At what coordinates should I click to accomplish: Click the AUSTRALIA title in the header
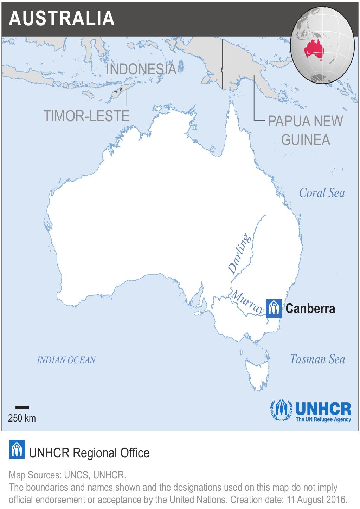[x=62, y=18]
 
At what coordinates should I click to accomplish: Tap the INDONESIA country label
[x=141, y=69]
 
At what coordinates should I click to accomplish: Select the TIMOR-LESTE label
[x=86, y=116]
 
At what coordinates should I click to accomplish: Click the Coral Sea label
[x=322, y=193]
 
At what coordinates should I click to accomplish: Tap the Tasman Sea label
[x=317, y=359]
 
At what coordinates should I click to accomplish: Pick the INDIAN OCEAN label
[x=66, y=360]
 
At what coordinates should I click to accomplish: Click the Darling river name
[x=239, y=254]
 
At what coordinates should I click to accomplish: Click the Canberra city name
[x=310, y=308]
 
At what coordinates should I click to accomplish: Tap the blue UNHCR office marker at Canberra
[x=274, y=308]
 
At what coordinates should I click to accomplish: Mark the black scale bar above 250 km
[x=22, y=407]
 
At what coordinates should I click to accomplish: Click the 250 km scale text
[x=22, y=418]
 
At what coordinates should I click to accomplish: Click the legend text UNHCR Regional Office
[x=89, y=453]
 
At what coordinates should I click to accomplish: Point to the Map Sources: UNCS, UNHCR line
[x=67, y=475]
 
